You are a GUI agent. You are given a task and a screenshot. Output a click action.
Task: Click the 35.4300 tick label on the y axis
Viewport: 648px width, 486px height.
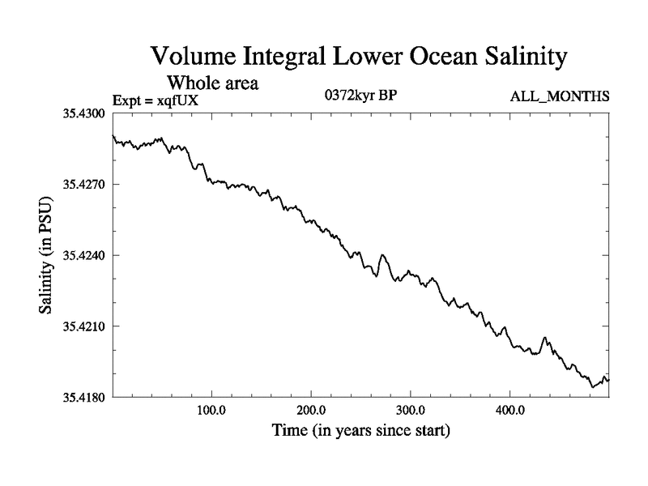pos(85,114)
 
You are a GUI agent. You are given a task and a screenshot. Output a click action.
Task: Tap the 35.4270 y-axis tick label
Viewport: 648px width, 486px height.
pos(85,185)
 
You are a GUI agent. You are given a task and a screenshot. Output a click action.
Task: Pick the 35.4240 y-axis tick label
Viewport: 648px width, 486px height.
pos(85,255)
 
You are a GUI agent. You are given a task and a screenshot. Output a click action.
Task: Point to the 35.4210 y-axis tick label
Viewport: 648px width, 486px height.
pos(85,326)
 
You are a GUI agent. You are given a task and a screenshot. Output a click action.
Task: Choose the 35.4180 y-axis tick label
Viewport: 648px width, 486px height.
pos(85,397)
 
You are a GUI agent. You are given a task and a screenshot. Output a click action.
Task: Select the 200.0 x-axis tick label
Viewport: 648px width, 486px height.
pos(311,409)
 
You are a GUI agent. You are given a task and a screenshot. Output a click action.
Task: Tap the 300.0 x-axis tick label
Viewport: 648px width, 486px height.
pos(411,409)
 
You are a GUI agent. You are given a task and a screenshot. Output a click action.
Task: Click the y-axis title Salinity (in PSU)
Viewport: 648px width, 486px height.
pos(49,255)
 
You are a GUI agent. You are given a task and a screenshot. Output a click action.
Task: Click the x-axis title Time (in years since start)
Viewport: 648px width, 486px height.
pos(360,430)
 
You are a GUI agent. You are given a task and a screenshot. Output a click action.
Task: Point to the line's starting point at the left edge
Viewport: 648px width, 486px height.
pos(113,136)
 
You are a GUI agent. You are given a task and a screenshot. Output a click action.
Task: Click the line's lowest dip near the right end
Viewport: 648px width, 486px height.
pos(593,387)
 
